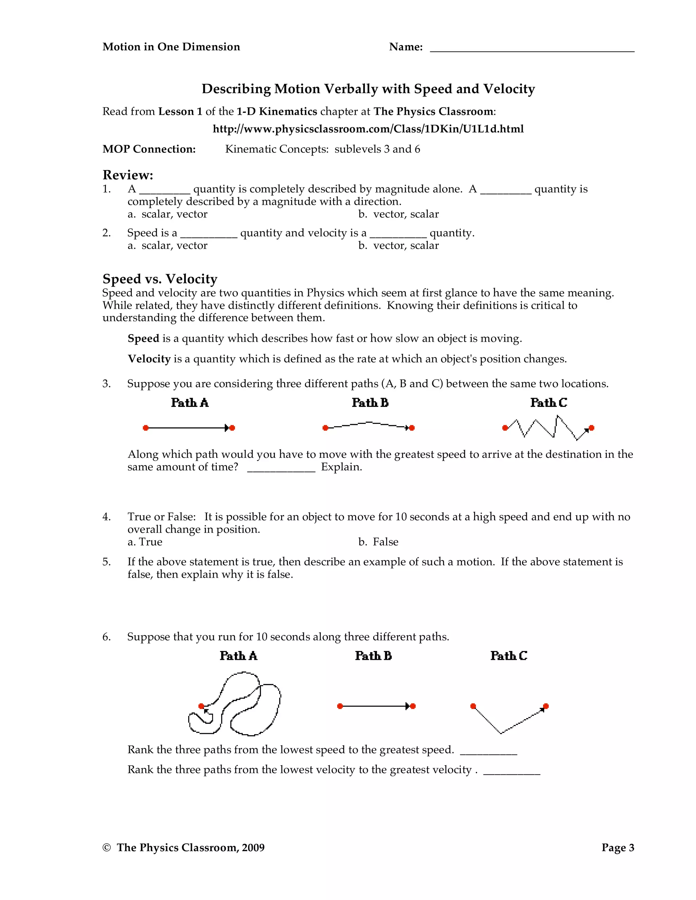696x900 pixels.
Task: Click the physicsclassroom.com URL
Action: [368, 129]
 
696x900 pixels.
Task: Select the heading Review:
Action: [128, 175]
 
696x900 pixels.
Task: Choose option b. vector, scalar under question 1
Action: [398, 214]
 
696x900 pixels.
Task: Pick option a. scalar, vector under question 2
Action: [168, 246]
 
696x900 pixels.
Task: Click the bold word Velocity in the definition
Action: [149, 359]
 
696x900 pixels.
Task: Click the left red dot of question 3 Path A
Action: [145, 428]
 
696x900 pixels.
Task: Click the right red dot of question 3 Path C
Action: [591, 428]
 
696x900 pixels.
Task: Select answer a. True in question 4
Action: [145, 542]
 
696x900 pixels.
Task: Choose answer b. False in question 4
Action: [379, 542]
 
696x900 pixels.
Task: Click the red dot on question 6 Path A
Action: [201, 706]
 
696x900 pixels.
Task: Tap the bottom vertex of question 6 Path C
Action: [501, 733]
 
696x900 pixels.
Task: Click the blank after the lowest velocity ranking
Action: [511, 772]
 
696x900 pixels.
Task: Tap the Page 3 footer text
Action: [617, 848]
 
